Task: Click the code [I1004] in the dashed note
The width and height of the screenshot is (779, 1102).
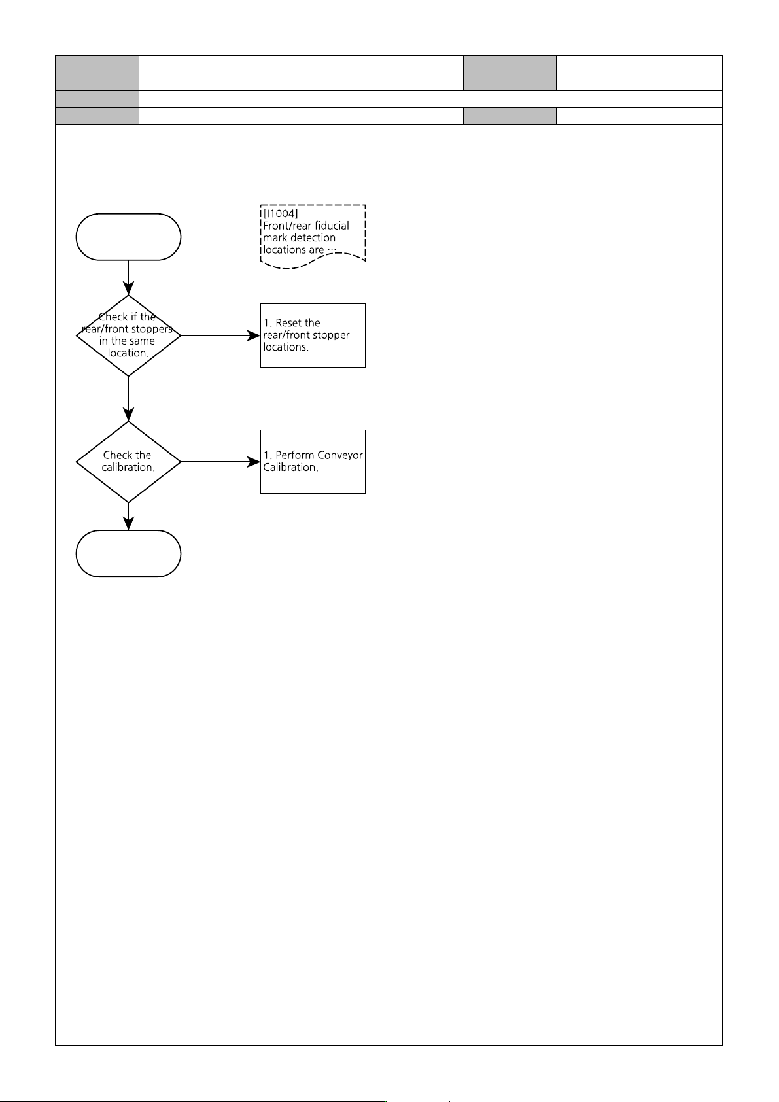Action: [x=281, y=213]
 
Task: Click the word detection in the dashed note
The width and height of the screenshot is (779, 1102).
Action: [x=313, y=237]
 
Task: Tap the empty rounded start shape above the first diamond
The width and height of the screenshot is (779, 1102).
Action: [x=128, y=237]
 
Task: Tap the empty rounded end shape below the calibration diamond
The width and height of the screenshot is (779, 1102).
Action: [x=128, y=553]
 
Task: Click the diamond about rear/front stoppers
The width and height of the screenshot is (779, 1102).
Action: [x=128, y=336]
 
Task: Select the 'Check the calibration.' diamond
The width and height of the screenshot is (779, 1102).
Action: [x=128, y=462]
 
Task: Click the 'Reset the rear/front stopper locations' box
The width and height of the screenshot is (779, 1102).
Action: [x=313, y=336]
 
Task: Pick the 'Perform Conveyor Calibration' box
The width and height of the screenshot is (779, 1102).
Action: [x=313, y=462]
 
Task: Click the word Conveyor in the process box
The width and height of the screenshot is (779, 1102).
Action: [x=339, y=455]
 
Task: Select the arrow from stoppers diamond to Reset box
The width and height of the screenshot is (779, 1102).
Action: [x=220, y=336]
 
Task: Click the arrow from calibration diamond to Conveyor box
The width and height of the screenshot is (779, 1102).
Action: [x=220, y=462]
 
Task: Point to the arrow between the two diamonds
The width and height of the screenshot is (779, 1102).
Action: [x=128, y=399]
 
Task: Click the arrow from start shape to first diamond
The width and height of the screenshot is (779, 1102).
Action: [x=128, y=277]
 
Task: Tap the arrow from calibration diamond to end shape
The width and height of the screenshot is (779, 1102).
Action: [x=128, y=517]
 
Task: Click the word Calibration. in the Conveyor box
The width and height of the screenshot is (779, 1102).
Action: [x=290, y=468]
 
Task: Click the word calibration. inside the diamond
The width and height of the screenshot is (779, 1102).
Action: [x=128, y=468]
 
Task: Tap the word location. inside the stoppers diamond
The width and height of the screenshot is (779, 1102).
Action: [x=128, y=353]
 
